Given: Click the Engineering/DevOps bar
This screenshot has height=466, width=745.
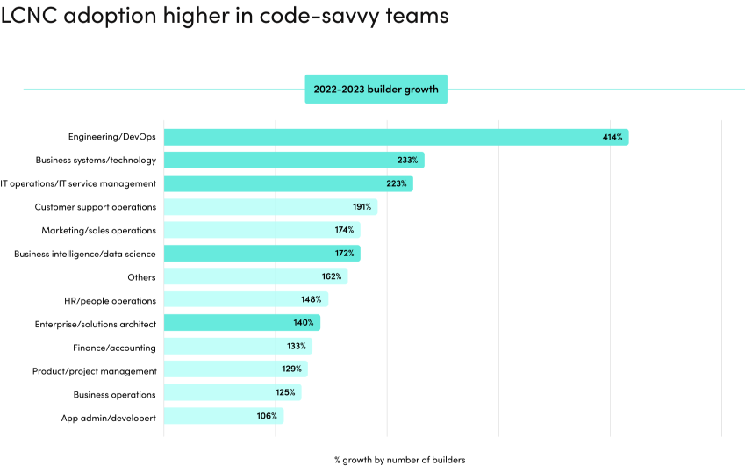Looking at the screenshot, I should [x=395, y=137].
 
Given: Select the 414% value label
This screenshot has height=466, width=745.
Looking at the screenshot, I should [x=612, y=137].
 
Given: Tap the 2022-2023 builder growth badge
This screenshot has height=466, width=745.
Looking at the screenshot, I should [x=376, y=89].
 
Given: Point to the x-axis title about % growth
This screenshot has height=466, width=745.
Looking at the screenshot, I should [x=399, y=459].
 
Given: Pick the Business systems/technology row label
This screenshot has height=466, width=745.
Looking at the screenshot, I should [x=96, y=161].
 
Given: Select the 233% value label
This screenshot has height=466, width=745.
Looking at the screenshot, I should [x=407, y=161].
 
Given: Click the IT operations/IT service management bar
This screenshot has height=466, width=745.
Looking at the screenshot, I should [x=288, y=183].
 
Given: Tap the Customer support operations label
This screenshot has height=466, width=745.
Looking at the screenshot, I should [x=96, y=207].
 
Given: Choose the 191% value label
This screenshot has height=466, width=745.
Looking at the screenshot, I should [x=362, y=207].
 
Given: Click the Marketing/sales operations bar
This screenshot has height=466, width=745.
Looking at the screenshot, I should [x=261, y=230].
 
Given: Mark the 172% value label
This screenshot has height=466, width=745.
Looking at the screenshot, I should [x=344, y=254].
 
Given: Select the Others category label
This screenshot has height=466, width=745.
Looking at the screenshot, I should [x=141, y=277].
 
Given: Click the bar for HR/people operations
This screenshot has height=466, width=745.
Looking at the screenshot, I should [x=246, y=300].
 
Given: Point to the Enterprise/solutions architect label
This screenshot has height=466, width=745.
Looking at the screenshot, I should [x=96, y=324].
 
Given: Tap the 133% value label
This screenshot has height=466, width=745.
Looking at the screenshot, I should [x=296, y=347].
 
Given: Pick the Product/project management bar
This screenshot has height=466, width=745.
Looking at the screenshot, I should [x=235, y=370].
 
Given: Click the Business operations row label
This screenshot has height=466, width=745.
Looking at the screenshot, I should [x=114, y=394].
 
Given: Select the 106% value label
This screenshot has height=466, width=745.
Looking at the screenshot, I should [x=267, y=416].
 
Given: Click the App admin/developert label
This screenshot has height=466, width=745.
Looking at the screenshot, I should [x=108, y=418].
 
